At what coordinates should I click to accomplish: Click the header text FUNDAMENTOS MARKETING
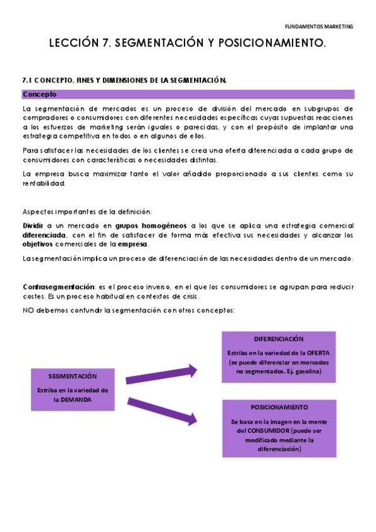point(319,27)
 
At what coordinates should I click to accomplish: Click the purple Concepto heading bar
point(188,95)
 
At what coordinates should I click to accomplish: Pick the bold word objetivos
point(38,245)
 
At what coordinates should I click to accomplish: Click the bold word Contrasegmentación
point(58,287)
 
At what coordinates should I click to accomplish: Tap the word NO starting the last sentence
point(28,311)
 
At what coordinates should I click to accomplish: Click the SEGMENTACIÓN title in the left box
point(73,376)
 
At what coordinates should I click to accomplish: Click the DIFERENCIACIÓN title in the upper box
point(279,339)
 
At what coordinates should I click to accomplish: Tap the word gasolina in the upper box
point(308,372)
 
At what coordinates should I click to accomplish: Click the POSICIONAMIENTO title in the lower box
point(279,407)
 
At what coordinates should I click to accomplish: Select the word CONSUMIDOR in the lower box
point(272,431)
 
